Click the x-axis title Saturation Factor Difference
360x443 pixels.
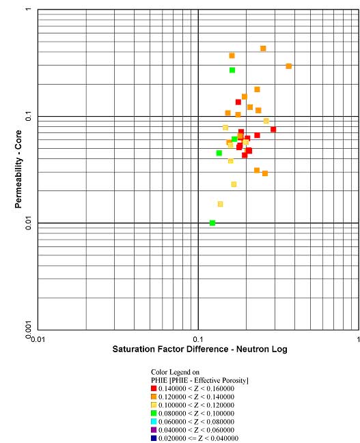pos(170,349)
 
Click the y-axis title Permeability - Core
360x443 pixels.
pos(18,169)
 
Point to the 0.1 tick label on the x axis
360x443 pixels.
pos(198,339)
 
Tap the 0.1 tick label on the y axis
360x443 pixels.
pos(28,116)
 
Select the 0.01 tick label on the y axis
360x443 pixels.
pos(28,223)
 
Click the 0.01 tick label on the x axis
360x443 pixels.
pos(38,339)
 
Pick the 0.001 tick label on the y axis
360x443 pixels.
pos(28,330)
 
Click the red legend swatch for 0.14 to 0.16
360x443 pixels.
pos(154,388)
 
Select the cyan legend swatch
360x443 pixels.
pos(154,422)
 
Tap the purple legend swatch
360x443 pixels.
pos(154,430)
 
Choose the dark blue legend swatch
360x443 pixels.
pos(154,438)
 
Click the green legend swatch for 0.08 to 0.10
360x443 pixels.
pos(154,414)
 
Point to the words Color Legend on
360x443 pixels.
pos(175,372)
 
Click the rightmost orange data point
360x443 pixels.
pos(288,66)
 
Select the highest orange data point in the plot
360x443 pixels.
pos(263,48)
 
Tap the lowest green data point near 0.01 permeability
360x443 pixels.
pos(212,223)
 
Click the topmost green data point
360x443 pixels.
pos(232,70)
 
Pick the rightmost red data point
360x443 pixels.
pos(273,130)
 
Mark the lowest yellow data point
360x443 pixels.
pos(220,204)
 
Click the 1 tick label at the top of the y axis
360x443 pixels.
pos(28,10)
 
